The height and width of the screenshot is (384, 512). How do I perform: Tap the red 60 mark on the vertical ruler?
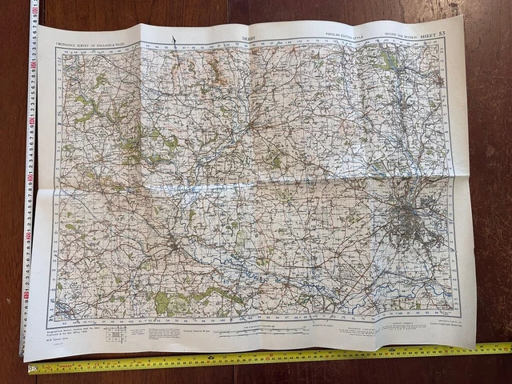pos(33,120)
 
